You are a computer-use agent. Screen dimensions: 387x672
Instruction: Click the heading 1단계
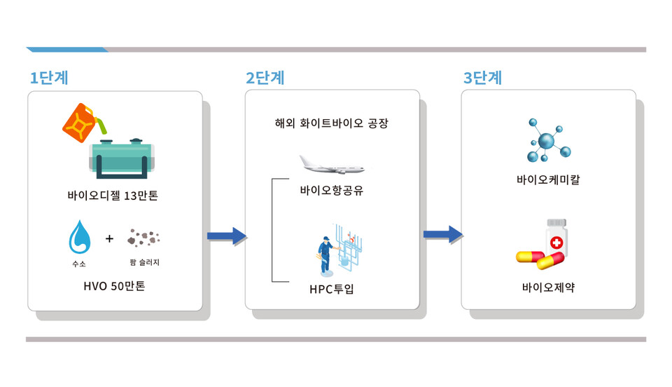48,78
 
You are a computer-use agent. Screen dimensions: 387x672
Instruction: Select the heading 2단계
265,78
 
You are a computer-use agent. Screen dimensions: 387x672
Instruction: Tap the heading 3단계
482,78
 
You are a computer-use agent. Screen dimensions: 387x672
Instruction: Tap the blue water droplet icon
79,238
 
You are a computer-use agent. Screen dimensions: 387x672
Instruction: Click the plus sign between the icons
109,239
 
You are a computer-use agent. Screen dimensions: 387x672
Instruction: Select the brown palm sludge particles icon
143,239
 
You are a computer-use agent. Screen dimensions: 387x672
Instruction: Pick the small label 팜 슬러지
145,263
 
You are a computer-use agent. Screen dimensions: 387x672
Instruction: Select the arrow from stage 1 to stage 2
226,236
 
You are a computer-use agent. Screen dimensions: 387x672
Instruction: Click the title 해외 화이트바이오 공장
331,123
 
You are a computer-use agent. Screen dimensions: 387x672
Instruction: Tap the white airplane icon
332,165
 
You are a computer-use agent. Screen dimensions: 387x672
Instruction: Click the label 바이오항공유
332,191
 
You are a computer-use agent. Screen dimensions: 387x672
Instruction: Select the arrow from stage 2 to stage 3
442,235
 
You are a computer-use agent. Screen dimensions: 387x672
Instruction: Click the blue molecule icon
548,142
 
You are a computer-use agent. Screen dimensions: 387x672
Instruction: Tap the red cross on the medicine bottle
556,243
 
